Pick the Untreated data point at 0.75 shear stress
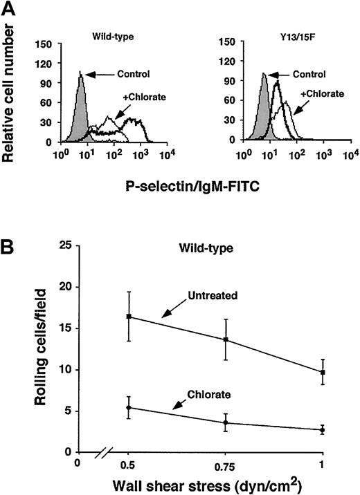point(226,339)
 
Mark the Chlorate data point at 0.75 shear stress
point(226,422)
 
